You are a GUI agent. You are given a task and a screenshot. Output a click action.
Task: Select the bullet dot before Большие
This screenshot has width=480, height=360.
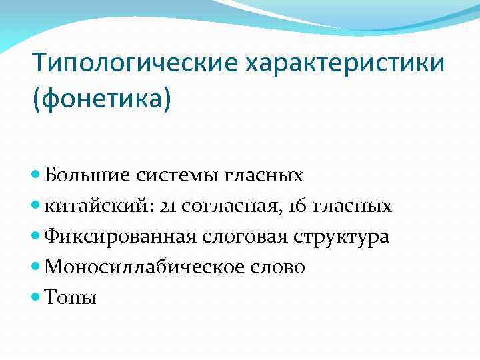(x=36, y=175)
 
